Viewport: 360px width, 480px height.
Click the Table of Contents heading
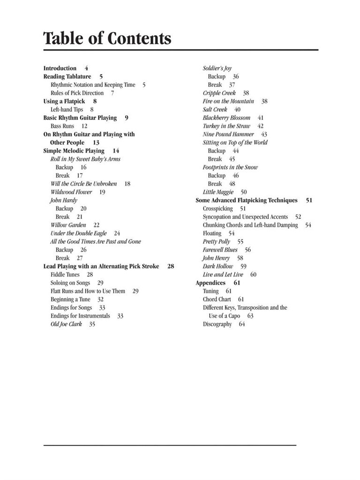point(107,38)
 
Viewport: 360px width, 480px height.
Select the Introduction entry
point(60,68)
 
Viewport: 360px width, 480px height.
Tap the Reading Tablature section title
point(67,76)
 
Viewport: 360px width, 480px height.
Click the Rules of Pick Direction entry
point(77,93)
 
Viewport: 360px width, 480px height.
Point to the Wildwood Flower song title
point(71,192)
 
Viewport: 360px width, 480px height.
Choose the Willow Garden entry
point(68,225)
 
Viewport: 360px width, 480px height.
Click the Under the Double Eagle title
point(78,233)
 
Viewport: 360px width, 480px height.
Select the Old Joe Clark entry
point(66,324)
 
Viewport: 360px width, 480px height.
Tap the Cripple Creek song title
point(219,93)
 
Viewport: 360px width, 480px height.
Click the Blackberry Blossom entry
point(226,118)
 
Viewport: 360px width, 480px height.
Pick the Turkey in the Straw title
point(226,126)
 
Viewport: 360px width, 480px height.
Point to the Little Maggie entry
point(218,192)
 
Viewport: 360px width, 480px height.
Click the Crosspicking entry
point(217,209)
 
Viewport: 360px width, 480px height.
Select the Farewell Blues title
point(220,250)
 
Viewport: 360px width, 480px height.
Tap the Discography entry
point(217,324)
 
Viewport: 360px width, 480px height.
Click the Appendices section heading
point(210,283)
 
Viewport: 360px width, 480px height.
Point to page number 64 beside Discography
point(242,324)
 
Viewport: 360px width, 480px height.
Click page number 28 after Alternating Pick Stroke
point(171,266)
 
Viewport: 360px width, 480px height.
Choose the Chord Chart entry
point(217,299)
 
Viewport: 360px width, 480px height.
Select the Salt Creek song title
point(215,110)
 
